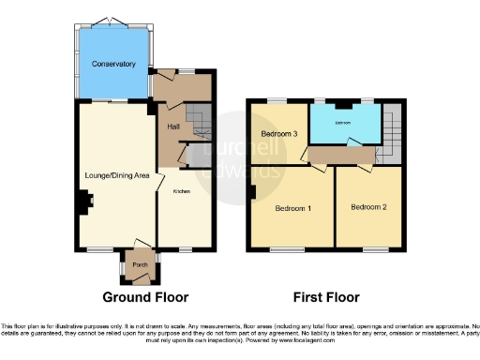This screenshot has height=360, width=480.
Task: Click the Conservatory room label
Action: [114, 64]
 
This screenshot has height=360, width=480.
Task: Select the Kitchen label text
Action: [182, 191]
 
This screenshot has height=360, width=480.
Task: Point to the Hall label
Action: [173, 126]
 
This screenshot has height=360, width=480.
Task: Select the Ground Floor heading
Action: [145, 298]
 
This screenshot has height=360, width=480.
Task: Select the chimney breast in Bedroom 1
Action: [252, 192]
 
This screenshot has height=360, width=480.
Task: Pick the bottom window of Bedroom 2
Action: [377, 250]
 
